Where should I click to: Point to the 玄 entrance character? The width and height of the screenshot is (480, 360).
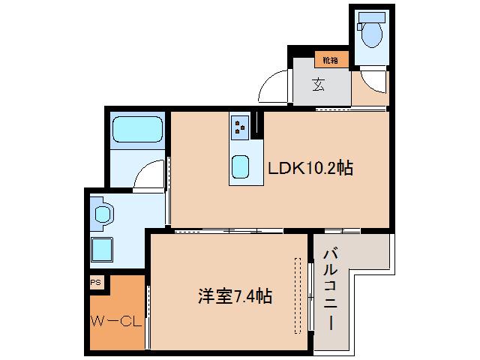click(x=319, y=84)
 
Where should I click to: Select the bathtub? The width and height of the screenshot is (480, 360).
click(x=136, y=132)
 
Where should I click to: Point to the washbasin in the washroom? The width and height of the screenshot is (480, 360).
click(x=101, y=214)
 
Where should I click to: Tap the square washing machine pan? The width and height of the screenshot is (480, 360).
click(x=102, y=247)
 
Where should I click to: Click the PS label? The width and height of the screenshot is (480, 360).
click(x=95, y=283)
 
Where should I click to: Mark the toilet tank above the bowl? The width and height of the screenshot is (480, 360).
click(x=370, y=17)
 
